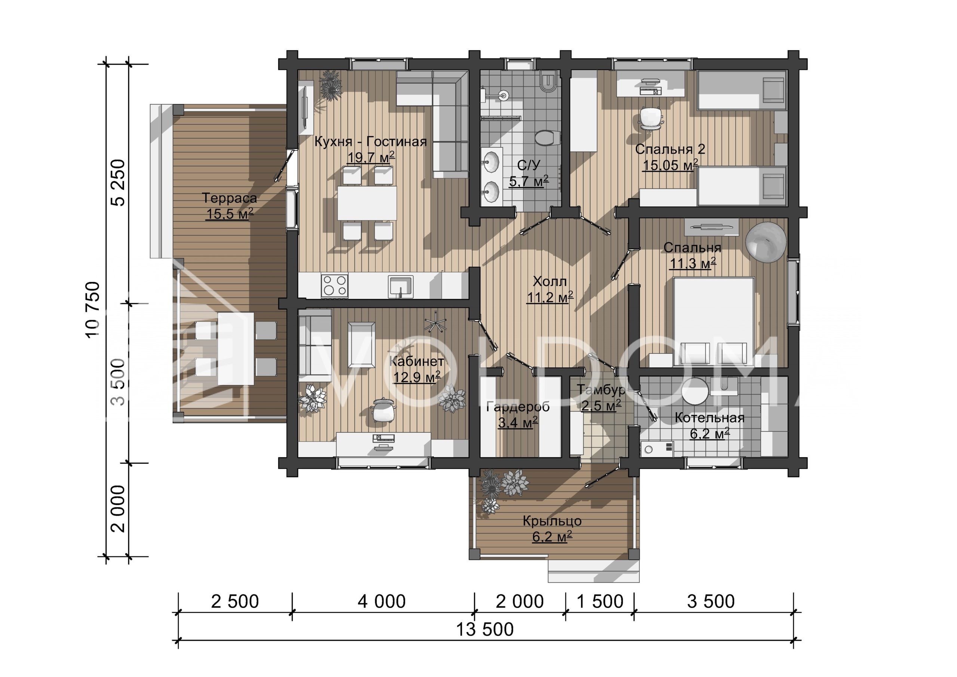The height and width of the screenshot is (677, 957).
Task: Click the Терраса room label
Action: click(x=229, y=198)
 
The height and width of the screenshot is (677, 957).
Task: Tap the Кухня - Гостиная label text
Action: click(x=370, y=142)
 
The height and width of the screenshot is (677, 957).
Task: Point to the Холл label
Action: click(x=550, y=282)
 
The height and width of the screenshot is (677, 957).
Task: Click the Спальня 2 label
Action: click(x=670, y=149)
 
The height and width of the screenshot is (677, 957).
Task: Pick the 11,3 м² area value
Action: click(x=692, y=263)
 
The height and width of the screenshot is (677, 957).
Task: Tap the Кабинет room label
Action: click(x=417, y=361)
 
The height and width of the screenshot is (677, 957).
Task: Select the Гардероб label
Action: click(x=518, y=407)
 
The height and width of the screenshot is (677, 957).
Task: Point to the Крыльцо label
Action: click(x=552, y=521)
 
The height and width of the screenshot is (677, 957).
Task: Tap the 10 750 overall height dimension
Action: click(x=93, y=309)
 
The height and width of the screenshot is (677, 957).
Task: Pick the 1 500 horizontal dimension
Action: click(x=600, y=601)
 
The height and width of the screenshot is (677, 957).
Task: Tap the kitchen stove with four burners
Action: click(x=334, y=285)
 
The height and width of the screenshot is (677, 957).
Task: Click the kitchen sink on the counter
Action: click(x=400, y=287)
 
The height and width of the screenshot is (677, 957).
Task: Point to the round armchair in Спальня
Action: click(x=766, y=242)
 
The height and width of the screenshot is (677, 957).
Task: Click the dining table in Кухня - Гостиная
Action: click(x=367, y=203)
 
